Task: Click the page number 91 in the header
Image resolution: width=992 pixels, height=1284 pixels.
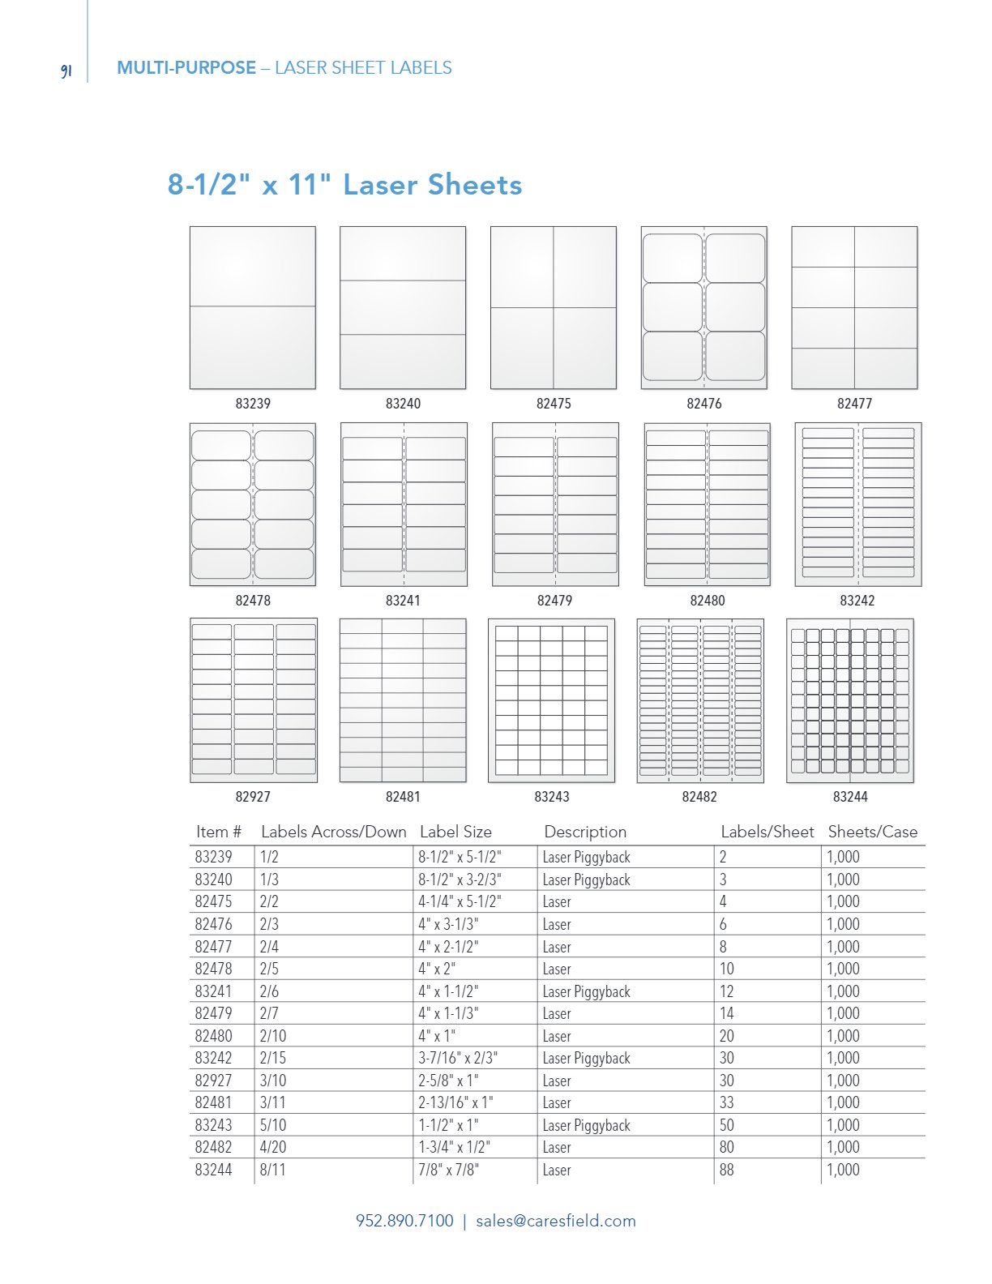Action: pos(66,71)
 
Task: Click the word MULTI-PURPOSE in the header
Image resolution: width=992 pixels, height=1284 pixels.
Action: pos(186,68)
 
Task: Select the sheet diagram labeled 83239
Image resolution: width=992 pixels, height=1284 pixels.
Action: pos(253,307)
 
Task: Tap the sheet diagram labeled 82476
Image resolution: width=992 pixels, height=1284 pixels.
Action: pos(703,307)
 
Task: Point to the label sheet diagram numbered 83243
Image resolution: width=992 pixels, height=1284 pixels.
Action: pos(551,700)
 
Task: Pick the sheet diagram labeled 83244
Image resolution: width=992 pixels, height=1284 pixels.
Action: pos(850,700)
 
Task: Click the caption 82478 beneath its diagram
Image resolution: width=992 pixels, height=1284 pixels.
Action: pos(253,601)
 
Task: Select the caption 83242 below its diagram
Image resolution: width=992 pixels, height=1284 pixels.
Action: pos(857,601)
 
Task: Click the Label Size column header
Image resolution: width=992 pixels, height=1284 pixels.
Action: pos(455,832)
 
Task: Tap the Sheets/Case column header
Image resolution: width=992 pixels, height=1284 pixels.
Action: pos(872,832)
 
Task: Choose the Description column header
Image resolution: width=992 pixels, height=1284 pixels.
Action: pos(585,832)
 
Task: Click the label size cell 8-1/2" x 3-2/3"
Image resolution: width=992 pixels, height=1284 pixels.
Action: pos(460,880)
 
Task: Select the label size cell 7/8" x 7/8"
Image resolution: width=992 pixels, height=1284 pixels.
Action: pos(448,1170)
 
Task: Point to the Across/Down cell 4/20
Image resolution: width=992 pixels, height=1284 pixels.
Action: pos(273,1147)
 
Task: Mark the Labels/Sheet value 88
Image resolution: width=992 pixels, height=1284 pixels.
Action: pos(727,1170)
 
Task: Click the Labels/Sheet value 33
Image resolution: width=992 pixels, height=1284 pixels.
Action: pos(727,1102)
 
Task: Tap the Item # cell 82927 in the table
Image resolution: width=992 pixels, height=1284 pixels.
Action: pos(213,1081)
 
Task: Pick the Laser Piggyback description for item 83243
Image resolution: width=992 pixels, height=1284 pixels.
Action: pos(586,1125)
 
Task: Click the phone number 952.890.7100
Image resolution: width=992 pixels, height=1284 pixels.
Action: pos(404,1221)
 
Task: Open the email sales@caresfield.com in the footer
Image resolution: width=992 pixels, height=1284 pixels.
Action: pos(555,1221)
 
